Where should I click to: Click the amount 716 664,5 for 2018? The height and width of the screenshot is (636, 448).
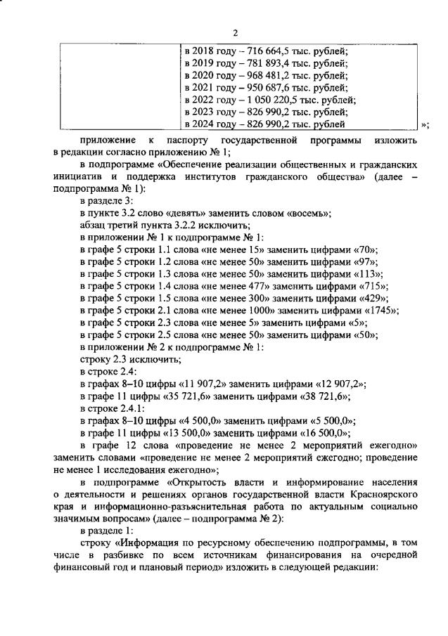tap(260, 50)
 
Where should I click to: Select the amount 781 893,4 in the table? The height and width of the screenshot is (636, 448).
tap(260, 63)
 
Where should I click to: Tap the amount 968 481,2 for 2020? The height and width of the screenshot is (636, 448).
tap(260, 74)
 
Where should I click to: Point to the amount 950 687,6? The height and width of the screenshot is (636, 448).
tap(260, 87)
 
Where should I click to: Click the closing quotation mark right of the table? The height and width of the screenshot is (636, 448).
tap(424, 125)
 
